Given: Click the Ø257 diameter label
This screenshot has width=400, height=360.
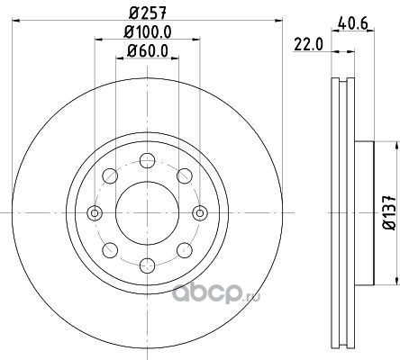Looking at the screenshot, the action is (x=148, y=13).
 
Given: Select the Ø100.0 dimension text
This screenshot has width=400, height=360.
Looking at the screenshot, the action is (x=148, y=32).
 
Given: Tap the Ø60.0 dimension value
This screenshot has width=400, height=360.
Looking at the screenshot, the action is (x=148, y=50).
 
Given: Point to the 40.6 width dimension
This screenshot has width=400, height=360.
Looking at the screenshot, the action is (x=352, y=23).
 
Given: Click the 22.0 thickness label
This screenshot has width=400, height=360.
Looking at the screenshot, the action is (x=308, y=45).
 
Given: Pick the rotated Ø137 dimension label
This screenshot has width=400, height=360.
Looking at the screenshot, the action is (x=390, y=212).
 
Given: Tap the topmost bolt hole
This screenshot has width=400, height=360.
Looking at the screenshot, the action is (x=148, y=160).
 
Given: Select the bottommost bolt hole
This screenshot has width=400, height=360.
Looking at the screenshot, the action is (x=148, y=265).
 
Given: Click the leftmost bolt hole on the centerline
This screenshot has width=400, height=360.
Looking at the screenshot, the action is (x=95, y=213).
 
